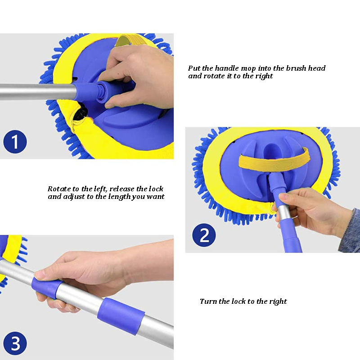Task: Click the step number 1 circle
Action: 15,142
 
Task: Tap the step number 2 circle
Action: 204,236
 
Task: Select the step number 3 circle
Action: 15,344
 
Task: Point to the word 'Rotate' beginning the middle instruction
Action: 59,189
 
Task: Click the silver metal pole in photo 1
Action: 36,92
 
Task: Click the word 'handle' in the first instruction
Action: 227,68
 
